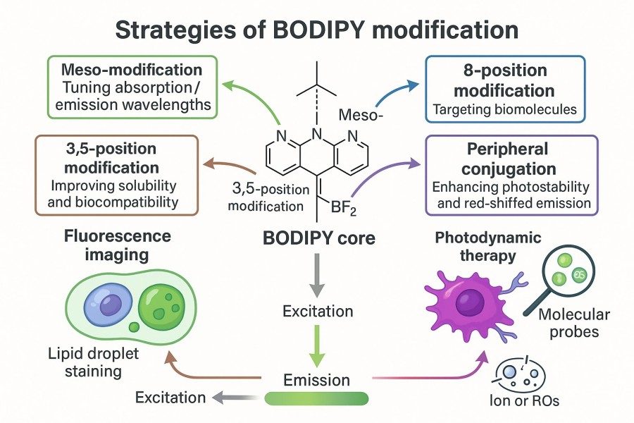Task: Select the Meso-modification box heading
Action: click(x=132, y=71)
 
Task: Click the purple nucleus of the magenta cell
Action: click(x=471, y=306)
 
